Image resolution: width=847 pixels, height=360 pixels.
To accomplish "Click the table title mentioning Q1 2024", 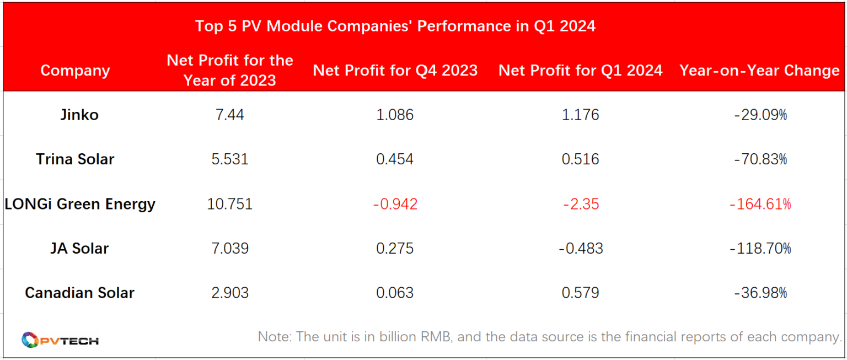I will pos(395,26).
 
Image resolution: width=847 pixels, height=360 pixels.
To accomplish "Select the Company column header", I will pos(75,71).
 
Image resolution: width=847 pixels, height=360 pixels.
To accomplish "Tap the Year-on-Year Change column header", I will pos(759,71).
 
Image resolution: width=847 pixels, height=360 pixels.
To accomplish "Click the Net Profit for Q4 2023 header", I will pos(395,71).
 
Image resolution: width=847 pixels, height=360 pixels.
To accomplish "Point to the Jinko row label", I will pos(80,115).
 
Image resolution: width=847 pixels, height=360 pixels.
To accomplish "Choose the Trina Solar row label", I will pos(75,159).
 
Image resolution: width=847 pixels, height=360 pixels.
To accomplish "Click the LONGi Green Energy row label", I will pos(80,204).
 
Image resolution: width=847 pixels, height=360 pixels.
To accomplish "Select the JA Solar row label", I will pos(79,248).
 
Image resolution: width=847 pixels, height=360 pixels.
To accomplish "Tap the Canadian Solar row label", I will pos(79,292).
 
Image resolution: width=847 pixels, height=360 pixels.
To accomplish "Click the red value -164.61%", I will pos(760,204).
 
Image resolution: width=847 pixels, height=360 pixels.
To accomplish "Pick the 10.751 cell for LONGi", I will pos(229,204).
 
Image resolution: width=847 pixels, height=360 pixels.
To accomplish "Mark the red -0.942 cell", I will pos(395,204).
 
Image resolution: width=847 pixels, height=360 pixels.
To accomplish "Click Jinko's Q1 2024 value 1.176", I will pos(580,115).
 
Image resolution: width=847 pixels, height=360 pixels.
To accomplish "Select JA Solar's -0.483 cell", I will pos(580,248).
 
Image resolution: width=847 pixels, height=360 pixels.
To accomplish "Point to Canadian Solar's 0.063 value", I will pos(395,292).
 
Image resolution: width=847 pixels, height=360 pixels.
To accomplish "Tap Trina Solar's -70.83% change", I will pos(760,159).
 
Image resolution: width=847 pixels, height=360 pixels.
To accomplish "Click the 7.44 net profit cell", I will pos(229,115).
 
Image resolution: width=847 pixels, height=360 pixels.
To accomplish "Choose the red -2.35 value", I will pos(580,204).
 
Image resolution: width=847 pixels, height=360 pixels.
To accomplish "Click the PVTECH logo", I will pos(60,340).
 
